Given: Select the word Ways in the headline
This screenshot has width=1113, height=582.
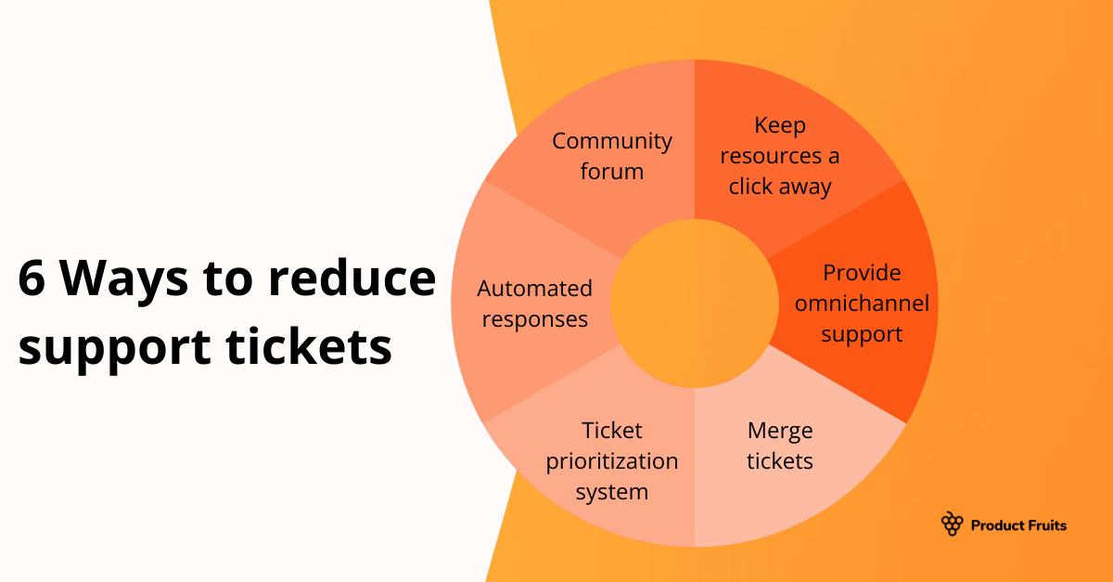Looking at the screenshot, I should tap(130, 279).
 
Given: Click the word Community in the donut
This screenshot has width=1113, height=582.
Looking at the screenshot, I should tap(612, 141).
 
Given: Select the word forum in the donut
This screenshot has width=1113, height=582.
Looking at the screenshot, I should tap(612, 172).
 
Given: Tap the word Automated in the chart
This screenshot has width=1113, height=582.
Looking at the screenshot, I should tap(534, 289).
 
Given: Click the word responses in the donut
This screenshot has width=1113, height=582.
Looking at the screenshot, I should tap(534, 319).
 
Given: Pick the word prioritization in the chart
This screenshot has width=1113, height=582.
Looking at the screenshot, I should tap(612, 461).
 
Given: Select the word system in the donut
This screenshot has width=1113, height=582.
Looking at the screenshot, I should tap(612, 492).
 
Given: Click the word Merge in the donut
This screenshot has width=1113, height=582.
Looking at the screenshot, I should tap(780, 431).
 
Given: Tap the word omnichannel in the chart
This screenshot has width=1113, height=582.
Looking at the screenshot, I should tap(862, 304).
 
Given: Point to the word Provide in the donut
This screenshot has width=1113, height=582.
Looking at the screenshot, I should tap(862, 273).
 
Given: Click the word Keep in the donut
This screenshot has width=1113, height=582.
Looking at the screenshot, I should tap(780, 125).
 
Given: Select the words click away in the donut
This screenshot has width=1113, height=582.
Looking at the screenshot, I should tap(780, 187).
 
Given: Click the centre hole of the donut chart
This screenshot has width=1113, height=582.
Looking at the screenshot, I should tap(695, 304).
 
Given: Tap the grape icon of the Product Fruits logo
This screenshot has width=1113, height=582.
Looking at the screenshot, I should tap(952, 524).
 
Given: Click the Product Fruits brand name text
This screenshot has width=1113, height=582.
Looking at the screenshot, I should tap(1018, 525).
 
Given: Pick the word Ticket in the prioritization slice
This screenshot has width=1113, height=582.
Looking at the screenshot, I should tap(612, 431).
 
